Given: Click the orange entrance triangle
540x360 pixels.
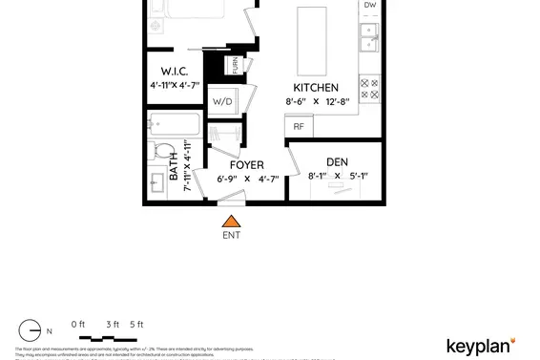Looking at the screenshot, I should point(230,221).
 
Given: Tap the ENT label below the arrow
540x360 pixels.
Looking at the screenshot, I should point(231,235).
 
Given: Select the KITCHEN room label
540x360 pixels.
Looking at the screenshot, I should point(316,88).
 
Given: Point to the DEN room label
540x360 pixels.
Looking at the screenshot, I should point(337,162).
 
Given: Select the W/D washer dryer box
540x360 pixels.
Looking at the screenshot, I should point(222,101).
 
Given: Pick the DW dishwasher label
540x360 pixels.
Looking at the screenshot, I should point(370,6).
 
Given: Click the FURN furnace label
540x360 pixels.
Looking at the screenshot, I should point(234,66).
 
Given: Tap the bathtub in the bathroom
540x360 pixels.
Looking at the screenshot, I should point(174,124).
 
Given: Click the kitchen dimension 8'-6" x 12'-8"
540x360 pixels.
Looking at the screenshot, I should point(317,101).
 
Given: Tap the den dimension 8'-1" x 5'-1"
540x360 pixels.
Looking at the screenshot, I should point(337,176).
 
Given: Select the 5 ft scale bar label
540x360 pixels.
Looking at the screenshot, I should point(135,325).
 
